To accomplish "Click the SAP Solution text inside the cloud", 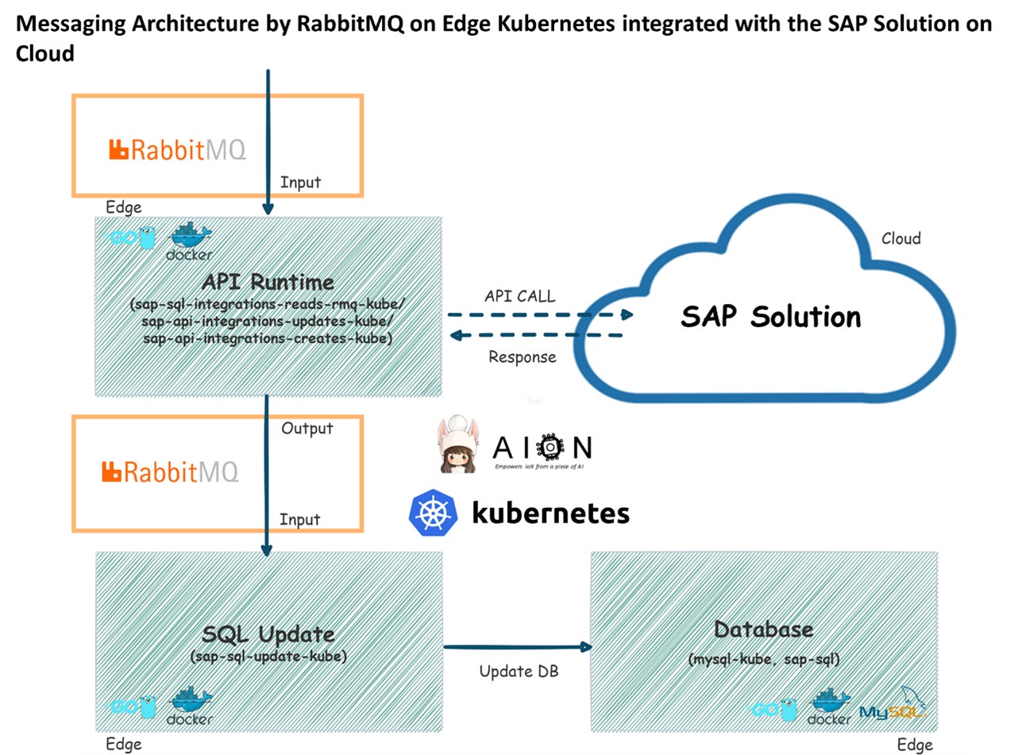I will point(770,317).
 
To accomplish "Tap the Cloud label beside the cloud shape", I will point(900,238).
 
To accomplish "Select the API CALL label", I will point(520,296).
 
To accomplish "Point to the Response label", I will point(522,357).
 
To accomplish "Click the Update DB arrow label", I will point(519,672).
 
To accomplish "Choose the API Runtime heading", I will point(268,282).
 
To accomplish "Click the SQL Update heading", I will point(268,634).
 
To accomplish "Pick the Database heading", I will point(763,630).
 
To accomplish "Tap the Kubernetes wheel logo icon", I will point(433,512).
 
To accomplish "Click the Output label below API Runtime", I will point(307,429).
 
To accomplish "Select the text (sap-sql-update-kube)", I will point(268,657).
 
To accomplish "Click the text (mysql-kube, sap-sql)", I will point(763,659).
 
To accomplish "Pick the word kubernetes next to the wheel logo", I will point(550,512).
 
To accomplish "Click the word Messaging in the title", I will point(70,23).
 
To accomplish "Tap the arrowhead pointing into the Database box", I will point(587,647).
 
